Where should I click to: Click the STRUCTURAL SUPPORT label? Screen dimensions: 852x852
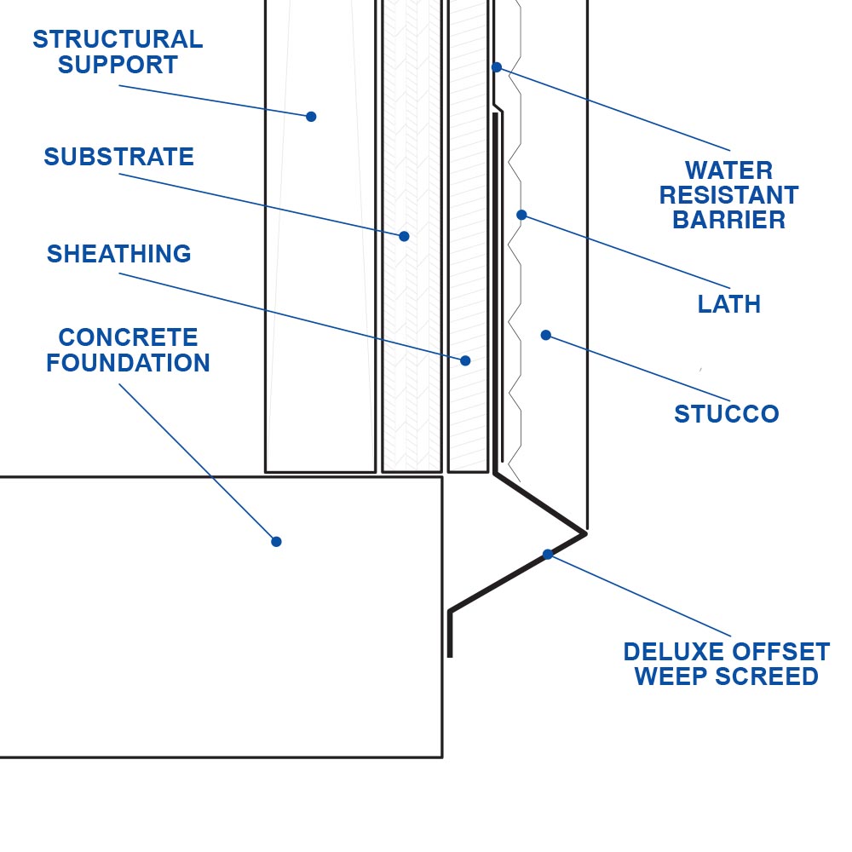pos(118,52)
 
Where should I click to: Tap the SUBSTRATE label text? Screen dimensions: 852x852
pos(119,157)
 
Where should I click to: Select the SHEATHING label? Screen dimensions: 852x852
pos(119,254)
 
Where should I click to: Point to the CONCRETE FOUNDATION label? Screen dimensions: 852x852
pos(128,350)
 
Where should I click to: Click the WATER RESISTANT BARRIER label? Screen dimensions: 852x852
pos(728,195)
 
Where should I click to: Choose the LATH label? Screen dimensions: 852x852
pos(728,304)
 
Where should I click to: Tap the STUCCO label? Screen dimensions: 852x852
pos(726,414)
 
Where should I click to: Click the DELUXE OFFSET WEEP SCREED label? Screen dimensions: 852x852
pos(726,665)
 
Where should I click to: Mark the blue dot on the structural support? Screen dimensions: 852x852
pos(311,117)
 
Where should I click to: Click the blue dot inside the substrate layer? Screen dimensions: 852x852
pos(404,236)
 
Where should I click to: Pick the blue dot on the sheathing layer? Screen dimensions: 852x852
pos(465,360)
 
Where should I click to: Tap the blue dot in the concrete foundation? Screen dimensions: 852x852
pos(276,541)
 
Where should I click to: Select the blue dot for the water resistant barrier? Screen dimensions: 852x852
pos(497,66)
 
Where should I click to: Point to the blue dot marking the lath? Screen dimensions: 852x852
pos(521,215)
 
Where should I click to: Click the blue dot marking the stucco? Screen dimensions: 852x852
pos(545,335)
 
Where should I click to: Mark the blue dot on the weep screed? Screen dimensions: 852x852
pos(548,554)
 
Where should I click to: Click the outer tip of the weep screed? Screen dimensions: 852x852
pos(585,532)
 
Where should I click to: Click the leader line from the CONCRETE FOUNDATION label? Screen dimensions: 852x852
pos(196,461)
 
